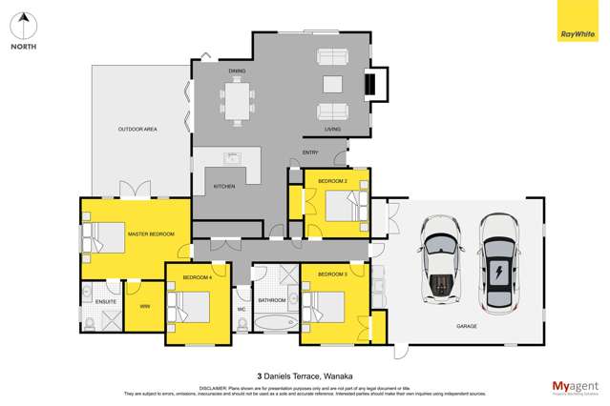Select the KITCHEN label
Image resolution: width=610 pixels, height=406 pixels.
tap(223, 186)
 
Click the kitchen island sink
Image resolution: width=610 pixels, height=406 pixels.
tap(231, 157)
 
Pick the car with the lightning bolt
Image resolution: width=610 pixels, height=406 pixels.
tap(497, 263)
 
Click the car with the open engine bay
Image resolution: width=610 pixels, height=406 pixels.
tap(441, 266)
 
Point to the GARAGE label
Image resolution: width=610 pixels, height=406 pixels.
tap(467, 326)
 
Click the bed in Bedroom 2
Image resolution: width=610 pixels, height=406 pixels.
tap(340, 204)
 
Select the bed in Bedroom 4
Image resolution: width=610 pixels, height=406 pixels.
tap(191, 307)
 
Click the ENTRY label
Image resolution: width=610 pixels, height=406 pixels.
tap(310, 152)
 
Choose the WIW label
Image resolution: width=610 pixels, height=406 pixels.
tap(145, 305)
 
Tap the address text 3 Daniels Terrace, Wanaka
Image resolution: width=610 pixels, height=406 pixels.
tap(305, 376)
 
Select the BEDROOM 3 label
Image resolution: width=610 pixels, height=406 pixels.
tap(331, 274)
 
